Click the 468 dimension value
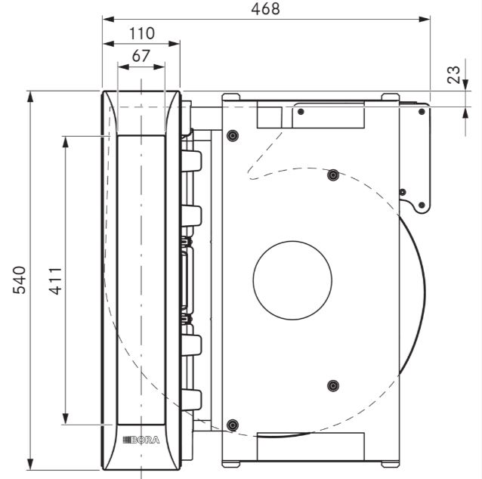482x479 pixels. click(x=265, y=9)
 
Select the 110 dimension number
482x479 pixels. click(x=142, y=33)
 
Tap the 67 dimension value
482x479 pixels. click(x=141, y=56)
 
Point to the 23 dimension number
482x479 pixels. click(x=454, y=74)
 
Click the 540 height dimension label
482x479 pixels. click(x=19, y=280)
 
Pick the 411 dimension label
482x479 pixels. click(x=56, y=281)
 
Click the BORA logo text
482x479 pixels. click(x=141, y=440)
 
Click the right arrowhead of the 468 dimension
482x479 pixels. click(x=425, y=20)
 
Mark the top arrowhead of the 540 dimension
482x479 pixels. click(x=29, y=97)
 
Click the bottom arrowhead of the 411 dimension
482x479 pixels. click(x=65, y=419)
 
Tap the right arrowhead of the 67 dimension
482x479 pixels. click(x=159, y=66)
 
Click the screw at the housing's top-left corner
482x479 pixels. click(x=233, y=135)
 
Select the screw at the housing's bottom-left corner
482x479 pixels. click(x=233, y=425)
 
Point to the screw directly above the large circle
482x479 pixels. click(x=333, y=175)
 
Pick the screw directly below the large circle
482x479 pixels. click(x=333, y=385)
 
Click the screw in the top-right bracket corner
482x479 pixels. click(x=422, y=112)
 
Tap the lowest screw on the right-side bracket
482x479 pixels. click(x=422, y=205)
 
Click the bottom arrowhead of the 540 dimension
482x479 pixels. click(x=29, y=464)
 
